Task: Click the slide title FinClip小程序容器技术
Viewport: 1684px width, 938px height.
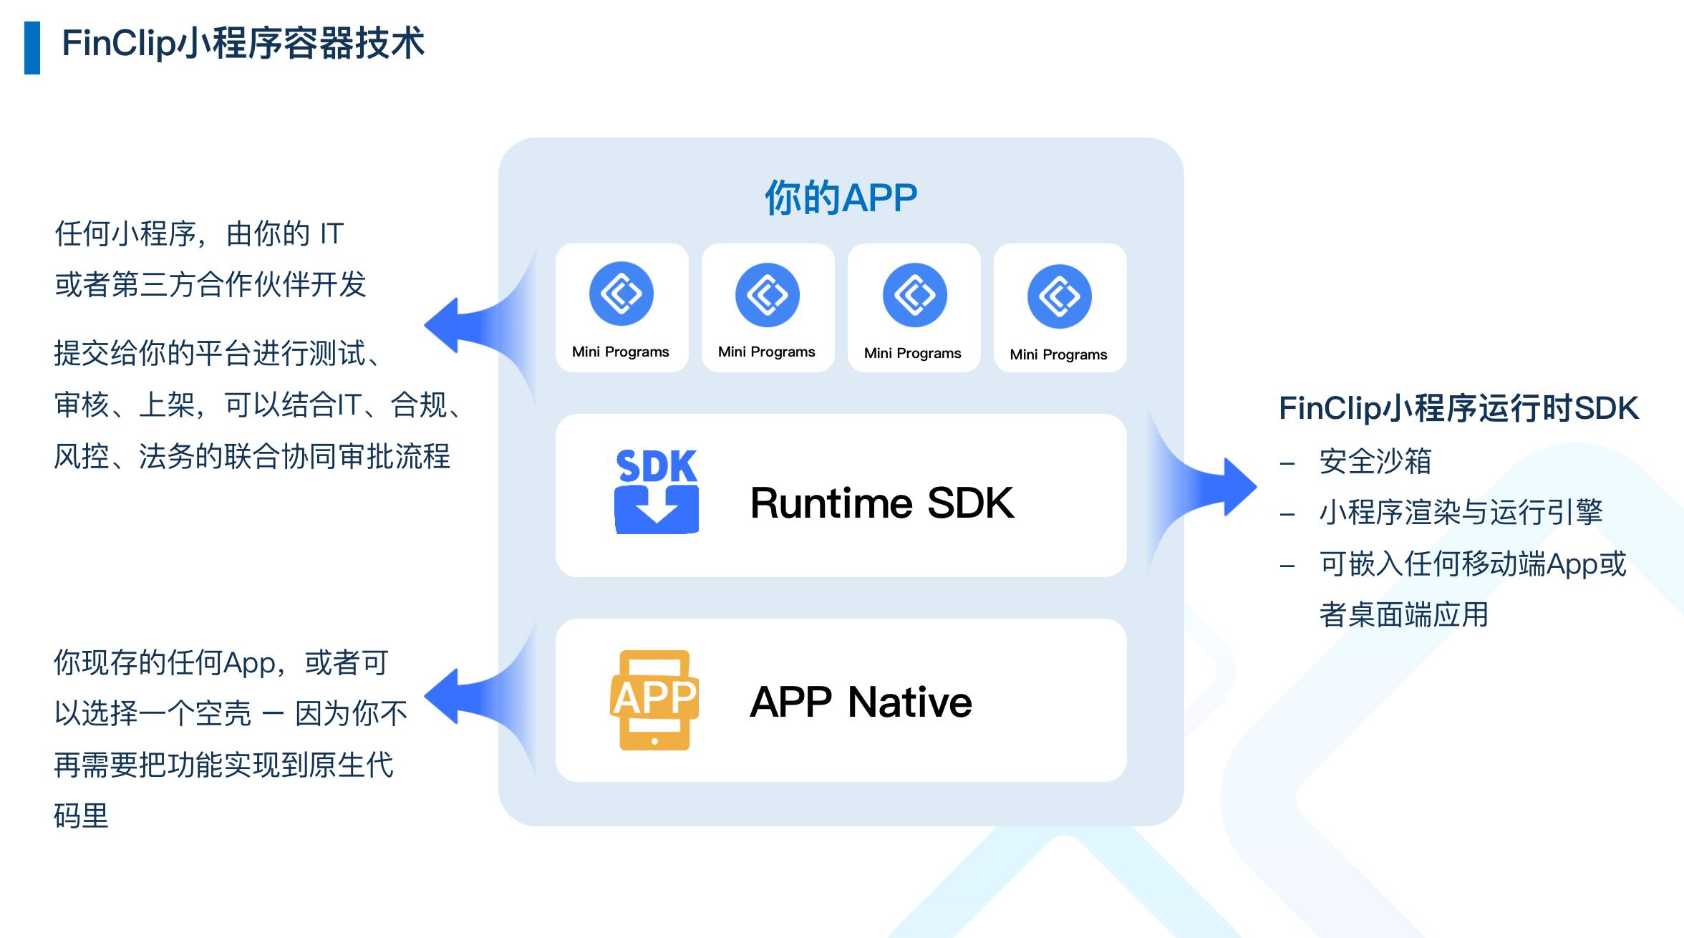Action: tap(243, 44)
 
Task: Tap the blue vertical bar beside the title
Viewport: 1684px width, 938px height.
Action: tap(32, 48)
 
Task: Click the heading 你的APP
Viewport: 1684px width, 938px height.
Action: tap(841, 198)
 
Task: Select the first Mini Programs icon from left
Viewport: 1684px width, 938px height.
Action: tap(621, 294)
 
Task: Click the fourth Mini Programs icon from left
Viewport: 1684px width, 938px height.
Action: tap(1059, 296)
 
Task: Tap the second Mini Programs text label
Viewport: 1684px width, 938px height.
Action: tap(767, 352)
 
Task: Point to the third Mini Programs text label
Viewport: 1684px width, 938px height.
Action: tap(913, 353)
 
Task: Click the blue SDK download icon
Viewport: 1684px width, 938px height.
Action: tap(657, 492)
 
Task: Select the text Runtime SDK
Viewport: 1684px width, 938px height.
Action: tap(881, 503)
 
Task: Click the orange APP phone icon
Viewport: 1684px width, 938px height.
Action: tap(654, 700)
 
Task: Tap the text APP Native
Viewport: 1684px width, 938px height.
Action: tap(861, 702)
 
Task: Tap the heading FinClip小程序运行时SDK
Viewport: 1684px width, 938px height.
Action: tap(1458, 408)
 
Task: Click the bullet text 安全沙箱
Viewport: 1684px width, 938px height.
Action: tap(1375, 461)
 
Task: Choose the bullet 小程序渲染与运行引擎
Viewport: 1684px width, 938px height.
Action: tap(1461, 513)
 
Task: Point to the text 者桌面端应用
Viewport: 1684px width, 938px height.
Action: tap(1403, 615)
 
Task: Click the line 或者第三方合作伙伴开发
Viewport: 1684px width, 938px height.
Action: tap(210, 285)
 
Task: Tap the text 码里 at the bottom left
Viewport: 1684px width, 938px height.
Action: tap(81, 816)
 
